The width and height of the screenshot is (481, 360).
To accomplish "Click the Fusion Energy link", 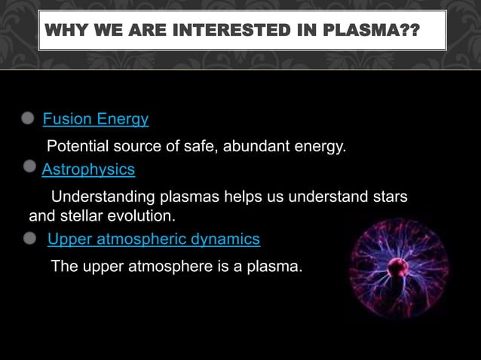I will point(95,119).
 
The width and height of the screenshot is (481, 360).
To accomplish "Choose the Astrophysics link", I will point(88,169).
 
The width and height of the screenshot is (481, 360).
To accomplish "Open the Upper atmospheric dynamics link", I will point(153,239).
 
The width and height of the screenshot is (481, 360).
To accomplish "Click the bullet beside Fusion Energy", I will point(28,118).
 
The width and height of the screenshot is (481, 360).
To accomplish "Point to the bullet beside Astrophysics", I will point(29,165).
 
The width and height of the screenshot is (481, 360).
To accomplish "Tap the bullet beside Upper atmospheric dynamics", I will point(29,238).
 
